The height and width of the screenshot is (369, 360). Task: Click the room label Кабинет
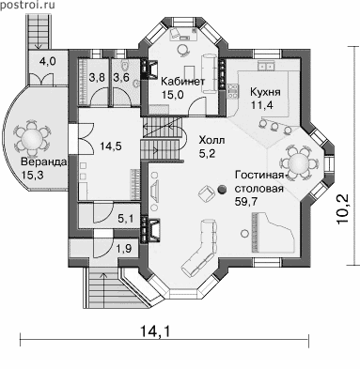click(x=182, y=82)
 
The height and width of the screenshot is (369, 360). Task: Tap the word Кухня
click(x=265, y=92)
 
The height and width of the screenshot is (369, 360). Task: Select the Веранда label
click(x=43, y=162)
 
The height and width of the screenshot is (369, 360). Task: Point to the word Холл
click(x=211, y=141)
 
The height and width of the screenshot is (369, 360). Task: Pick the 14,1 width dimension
click(x=155, y=331)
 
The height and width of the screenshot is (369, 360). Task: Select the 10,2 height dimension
click(x=343, y=209)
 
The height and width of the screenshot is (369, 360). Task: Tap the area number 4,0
click(x=48, y=61)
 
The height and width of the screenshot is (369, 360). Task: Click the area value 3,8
click(x=96, y=77)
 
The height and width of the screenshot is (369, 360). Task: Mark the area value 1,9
click(x=124, y=249)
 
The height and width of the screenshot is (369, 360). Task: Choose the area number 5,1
click(x=126, y=218)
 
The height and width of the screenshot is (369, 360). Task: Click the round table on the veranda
click(x=32, y=137)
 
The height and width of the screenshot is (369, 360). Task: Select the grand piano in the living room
click(x=273, y=233)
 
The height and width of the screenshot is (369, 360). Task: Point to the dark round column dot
click(x=222, y=189)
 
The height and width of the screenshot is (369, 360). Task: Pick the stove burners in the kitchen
click(x=232, y=90)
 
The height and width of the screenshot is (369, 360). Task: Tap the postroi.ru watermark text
click(x=27, y=5)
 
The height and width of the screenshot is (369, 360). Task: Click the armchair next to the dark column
click(x=206, y=192)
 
